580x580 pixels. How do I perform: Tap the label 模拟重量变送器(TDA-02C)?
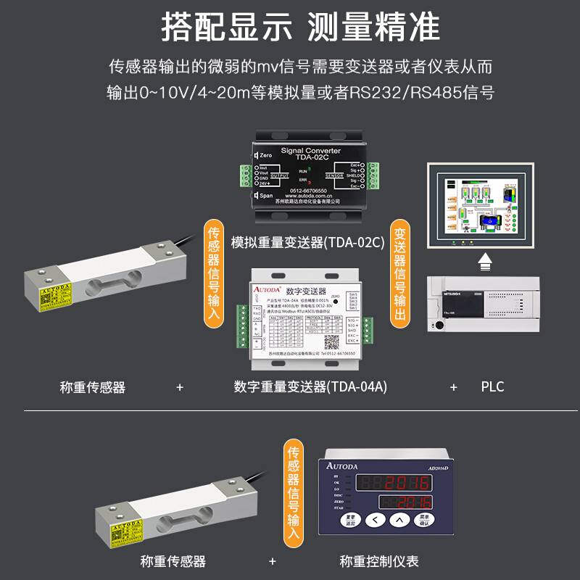click(x=307, y=242)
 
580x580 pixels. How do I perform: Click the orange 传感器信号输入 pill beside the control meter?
click(x=294, y=493)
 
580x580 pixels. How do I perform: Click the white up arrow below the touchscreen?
click(x=485, y=260)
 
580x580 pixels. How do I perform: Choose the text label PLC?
click(x=492, y=387)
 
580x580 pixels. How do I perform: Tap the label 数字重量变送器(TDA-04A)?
click(x=310, y=387)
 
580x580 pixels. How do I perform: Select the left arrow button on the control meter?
click(x=373, y=520)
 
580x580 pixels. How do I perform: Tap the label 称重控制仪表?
click(x=379, y=561)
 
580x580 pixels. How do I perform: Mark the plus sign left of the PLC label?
click(x=454, y=387)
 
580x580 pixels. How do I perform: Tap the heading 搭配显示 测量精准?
click(x=300, y=27)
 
